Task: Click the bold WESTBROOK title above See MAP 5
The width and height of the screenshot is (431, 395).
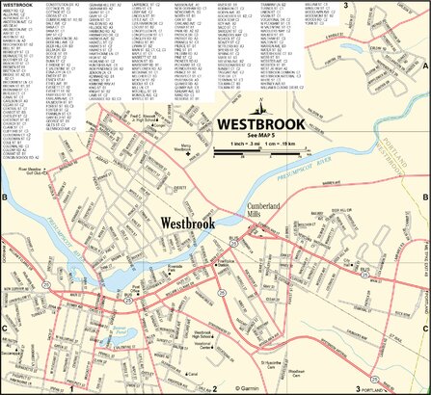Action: tap(261, 123)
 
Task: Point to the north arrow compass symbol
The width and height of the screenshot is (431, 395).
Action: tap(260, 105)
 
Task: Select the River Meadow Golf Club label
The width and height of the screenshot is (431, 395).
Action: tap(31, 172)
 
